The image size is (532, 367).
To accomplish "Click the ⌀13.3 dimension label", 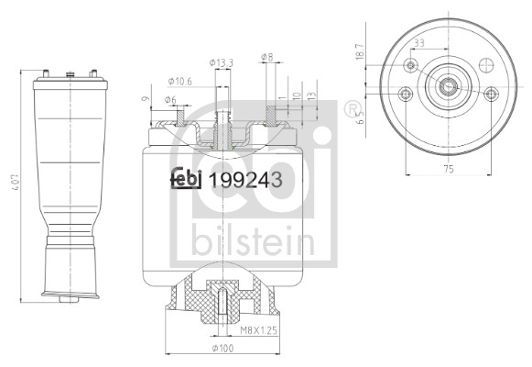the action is click(222, 63).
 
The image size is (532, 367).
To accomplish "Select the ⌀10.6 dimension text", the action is click(179, 82).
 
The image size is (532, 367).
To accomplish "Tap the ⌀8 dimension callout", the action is click(267, 57).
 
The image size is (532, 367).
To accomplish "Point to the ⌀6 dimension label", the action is click(170, 100).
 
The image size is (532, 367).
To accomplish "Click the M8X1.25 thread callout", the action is click(259, 330).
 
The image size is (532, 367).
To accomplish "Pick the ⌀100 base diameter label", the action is click(223, 349).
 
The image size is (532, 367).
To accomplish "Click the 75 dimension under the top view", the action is click(449, 169).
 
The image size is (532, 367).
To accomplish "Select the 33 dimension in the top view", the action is click(419, 43).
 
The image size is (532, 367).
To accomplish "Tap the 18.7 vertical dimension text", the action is click(360, 51).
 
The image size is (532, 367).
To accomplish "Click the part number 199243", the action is click(245, 180).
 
